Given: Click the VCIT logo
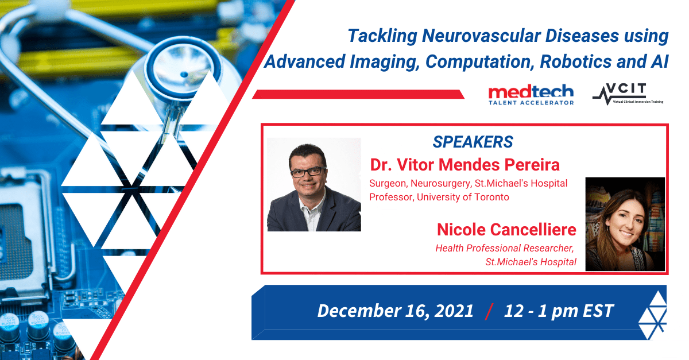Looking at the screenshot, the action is [628, 94].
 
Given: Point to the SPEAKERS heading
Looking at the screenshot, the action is [473, 142].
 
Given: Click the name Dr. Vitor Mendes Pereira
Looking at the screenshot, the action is [465, 165].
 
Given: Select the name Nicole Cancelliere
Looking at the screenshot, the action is [506, 230].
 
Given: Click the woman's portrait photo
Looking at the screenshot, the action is [625, 224].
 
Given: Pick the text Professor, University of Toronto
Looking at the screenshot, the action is [439, 197].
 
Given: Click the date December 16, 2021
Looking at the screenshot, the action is [395, 311].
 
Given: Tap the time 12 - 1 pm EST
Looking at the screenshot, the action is [559, 311].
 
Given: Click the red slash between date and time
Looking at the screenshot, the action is [489, 311].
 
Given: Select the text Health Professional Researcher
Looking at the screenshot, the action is [505, 248].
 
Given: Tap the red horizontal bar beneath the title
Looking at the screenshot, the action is [358, 94].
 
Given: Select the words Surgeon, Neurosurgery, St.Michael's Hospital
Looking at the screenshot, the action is [468, 183].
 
